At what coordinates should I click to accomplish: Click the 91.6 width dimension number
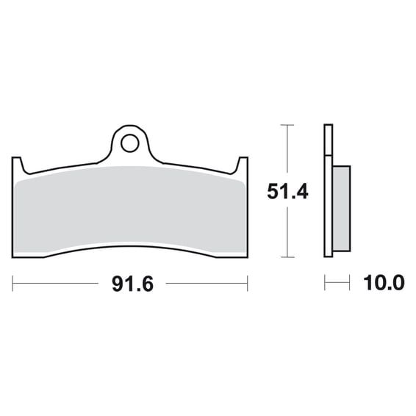coord(132,284)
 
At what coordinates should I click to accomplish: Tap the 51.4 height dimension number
coord(287,192)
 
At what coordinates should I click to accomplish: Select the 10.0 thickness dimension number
coord(384,283)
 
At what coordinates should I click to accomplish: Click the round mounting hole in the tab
coord(130,143)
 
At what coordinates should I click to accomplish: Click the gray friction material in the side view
coord(342,209)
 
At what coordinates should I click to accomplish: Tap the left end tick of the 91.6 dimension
coord(12,284)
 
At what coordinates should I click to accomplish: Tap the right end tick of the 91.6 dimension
coord(247,284)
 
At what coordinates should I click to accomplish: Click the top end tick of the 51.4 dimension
coord(287,125)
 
